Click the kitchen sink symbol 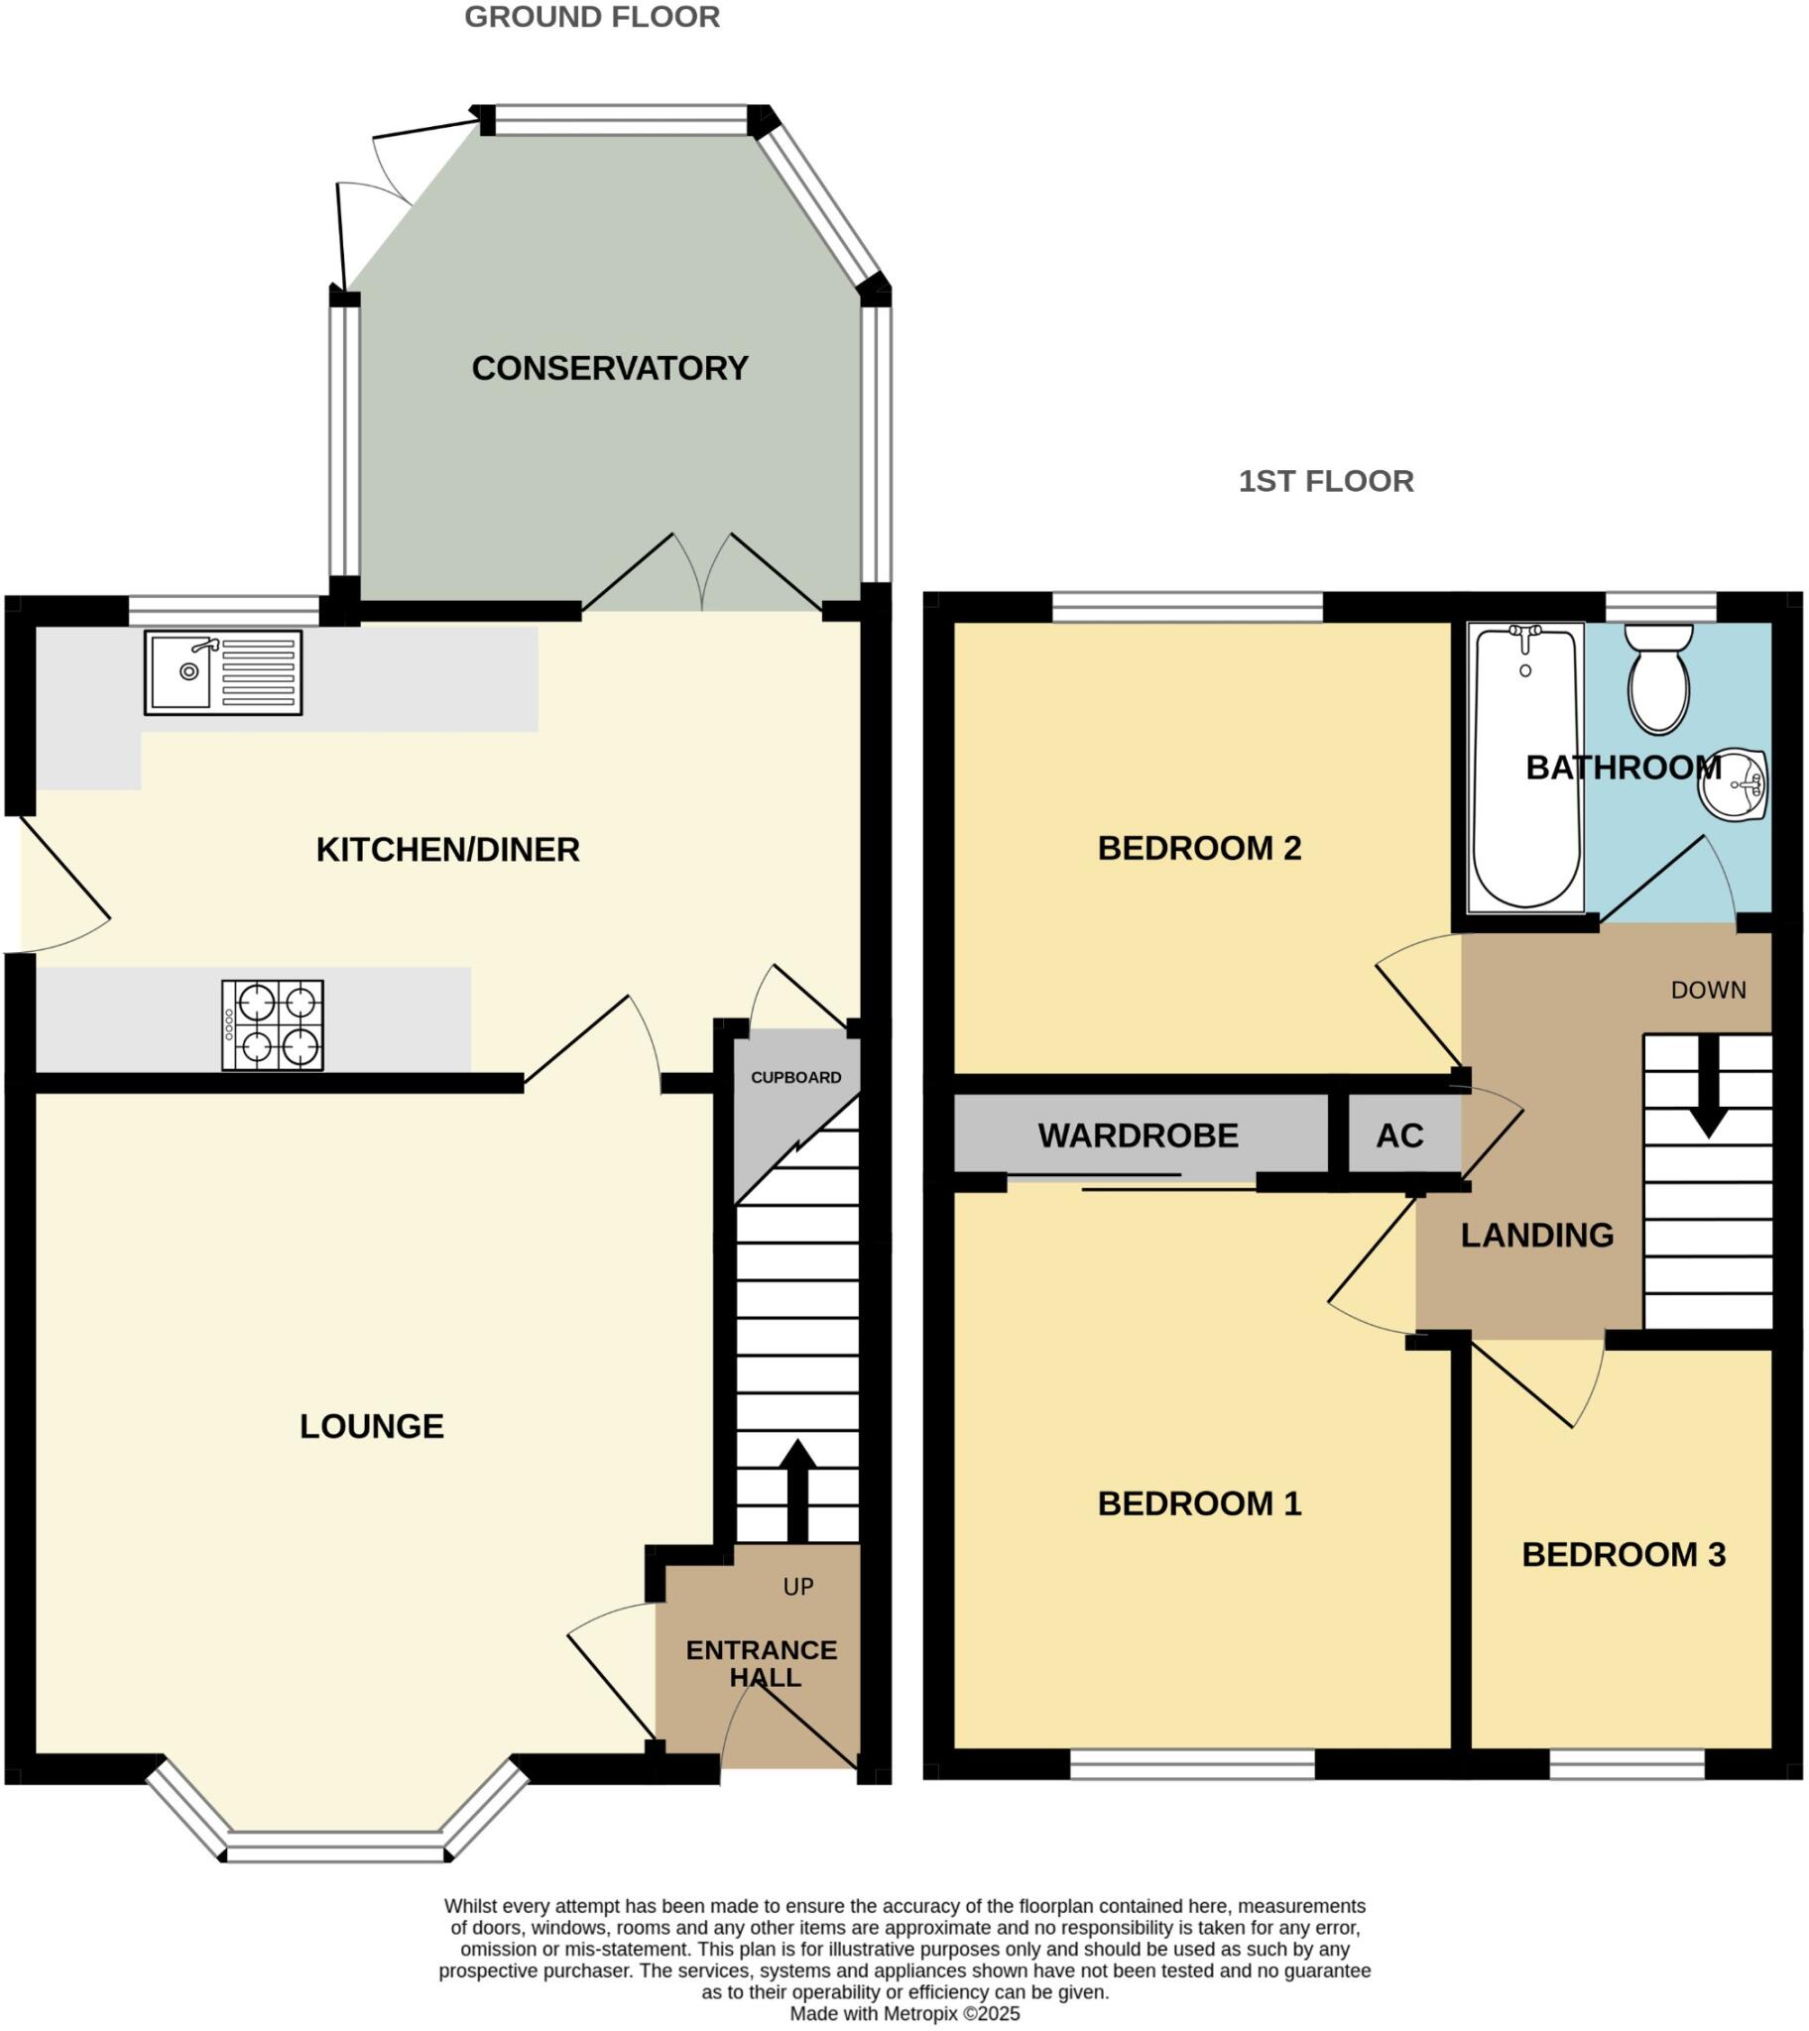coord(222,672)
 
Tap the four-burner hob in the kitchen coord(273,1025)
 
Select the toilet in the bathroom coord(1659,678)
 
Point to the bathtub coord(1525,768)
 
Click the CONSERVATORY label coord(609,369)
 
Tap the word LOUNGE coord(372,1427)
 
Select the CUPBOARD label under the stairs coord(795,1077)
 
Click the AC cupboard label coord(1399,1135)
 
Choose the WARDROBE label coord(1139,1135)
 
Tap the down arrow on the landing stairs coord(1709,1088)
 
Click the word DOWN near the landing coord(1708,990)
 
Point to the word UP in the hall coord(798,1587)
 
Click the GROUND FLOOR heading coord(592,17)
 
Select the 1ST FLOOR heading coord(1326,481)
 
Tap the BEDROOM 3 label coord(1624,1555)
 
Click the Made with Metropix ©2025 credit coord(904,2014)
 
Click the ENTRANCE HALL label coord(763,1663)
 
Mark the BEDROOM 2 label coord(1199,849)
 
